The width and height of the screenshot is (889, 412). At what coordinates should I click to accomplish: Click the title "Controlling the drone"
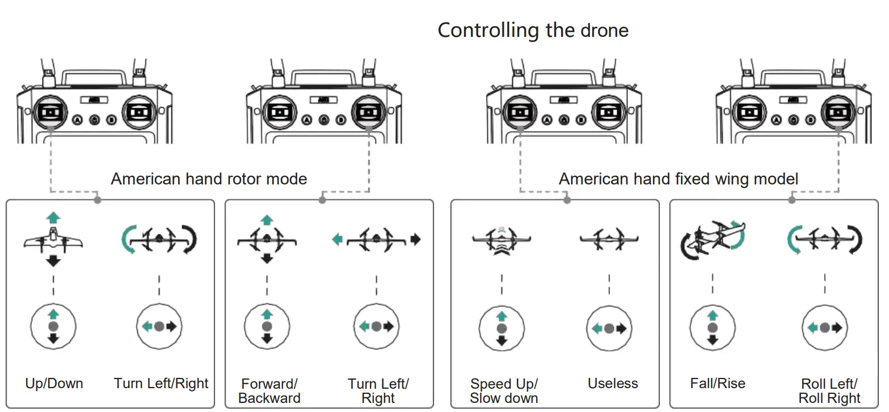tap(533, 30)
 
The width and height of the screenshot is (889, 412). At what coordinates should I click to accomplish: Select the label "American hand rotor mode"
tap(209, 179)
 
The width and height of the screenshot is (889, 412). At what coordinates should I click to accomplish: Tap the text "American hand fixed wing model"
tap(678, 179)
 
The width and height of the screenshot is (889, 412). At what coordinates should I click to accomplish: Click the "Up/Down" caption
tap(54, 384)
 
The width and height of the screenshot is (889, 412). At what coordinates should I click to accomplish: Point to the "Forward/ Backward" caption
tap(269, 390)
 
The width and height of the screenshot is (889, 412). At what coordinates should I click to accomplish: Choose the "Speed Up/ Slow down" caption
tap(503, 390)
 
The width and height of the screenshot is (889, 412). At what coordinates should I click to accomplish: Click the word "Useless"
tap(613, 384)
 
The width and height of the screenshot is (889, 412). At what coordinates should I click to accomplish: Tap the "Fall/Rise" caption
tap(718, 384)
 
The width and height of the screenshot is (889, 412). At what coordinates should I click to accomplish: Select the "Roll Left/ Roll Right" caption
tap(829, 390)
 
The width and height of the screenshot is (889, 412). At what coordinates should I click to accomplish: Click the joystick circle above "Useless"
tap(609, 328)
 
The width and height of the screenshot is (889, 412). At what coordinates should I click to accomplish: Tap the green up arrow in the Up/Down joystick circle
tap(53, 314)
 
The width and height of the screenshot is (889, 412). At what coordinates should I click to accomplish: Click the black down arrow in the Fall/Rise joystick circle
tap(713, 340)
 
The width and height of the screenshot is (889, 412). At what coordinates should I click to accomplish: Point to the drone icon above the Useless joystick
tap(609, 239)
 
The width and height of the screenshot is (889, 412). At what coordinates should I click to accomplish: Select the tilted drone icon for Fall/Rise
tap(713, 238)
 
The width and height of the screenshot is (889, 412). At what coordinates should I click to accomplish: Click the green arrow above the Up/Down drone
tap(53, 217)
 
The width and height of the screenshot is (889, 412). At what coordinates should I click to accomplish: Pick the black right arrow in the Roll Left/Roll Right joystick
tap(836, 327)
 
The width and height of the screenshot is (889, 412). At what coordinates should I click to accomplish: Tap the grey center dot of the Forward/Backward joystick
tap(267, 327)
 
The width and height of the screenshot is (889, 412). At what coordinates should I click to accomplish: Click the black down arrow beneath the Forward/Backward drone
tap(267, 259)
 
